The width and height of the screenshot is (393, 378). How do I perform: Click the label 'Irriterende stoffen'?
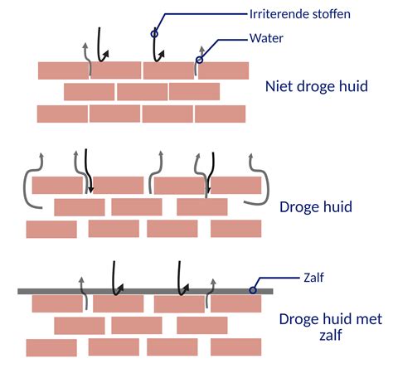pyautogui.click(x=298, y=14)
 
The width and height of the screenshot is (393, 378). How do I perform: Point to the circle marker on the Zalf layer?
pyautogui.click(x=253, y=290)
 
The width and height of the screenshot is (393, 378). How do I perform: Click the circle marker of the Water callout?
pyautogui.click(x=198, y=60)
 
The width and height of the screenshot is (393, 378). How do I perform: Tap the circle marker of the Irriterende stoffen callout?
pyautogui.click(x=153, y=34)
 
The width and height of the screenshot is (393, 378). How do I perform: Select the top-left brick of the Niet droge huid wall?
pyautogui.click(x=63, y=70)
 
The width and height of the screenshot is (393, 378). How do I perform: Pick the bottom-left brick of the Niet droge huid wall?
pyautogui.click(x=61, y=114)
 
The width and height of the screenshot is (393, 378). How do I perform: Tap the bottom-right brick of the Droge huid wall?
pyautogui.click(x=235, y=228)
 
